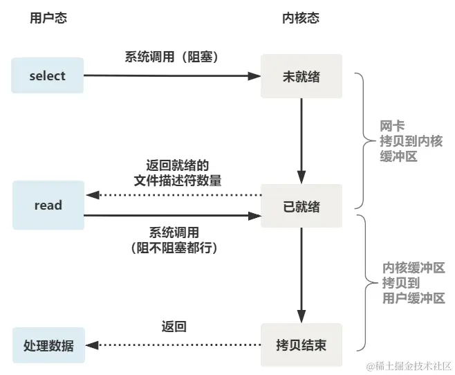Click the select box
[48, 75]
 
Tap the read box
[48, 205]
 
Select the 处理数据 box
[48, 345]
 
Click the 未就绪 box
[301, 75]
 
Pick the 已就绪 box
[301, 205]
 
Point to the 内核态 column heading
[301, 18]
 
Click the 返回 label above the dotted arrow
[174, 326]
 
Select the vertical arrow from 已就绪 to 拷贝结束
[301, 275]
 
